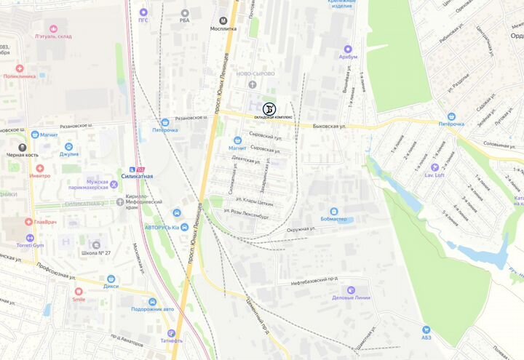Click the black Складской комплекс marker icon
point(269,108)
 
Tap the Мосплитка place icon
point(223,20)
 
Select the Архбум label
point(349,57)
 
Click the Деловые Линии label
point(352,297)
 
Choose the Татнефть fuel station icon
point(172,333)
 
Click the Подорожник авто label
point(153,309)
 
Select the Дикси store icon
point(111,279)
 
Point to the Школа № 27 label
point(96,253)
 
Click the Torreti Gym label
point(30,246)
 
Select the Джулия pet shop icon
point(69,146)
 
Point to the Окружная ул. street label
point(301,228)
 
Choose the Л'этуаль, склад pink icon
point(33,28)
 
